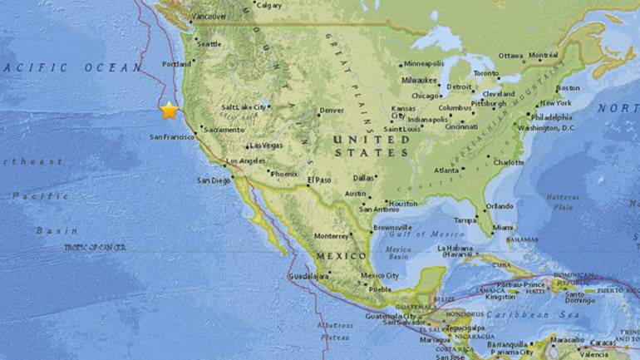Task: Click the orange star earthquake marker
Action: [x=170, y=110]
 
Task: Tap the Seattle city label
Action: [x=209, y=44]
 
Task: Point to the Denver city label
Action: [x=332, y=111]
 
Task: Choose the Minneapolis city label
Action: [x=424, y=64]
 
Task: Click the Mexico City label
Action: [x=380, y=276]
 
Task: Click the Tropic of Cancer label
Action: [x=96, y=247]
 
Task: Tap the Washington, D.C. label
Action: [x=547, y=127]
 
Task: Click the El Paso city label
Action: [x=319, y=180]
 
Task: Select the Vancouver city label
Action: [x=209, y=17]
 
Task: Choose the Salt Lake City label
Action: [x=244, y=107]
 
